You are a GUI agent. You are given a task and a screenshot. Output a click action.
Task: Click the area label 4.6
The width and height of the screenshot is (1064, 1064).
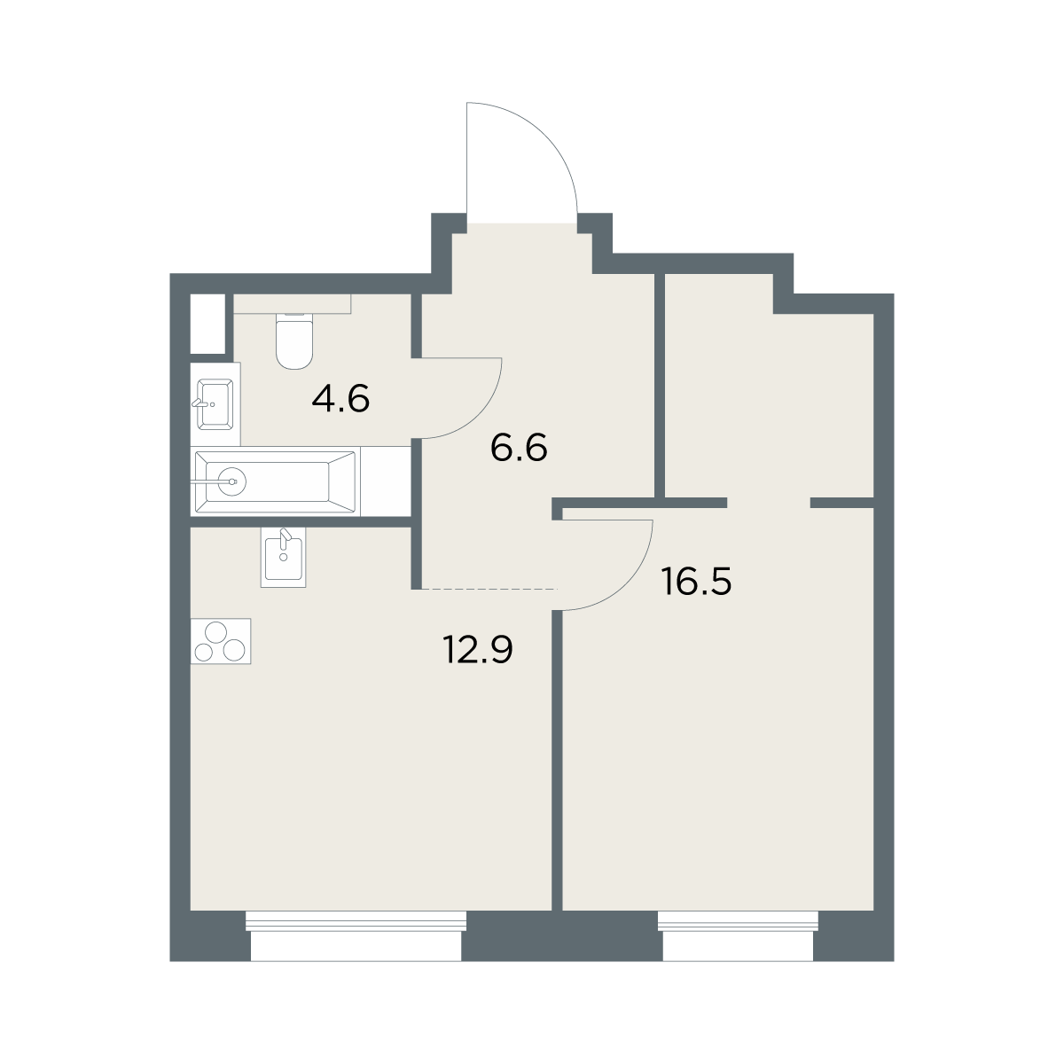pos(340,399)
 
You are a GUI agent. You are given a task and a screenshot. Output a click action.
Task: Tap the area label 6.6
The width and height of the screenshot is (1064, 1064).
pos(519,447)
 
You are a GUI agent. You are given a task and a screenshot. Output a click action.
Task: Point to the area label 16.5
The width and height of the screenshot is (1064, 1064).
pos(696,582)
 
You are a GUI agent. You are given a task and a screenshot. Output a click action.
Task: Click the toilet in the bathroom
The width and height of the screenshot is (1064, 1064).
pos(294,340)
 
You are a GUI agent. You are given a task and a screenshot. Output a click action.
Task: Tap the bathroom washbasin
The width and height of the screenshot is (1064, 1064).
pos(215,404)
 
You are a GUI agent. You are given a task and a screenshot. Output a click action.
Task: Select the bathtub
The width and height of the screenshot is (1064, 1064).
pos(275,482)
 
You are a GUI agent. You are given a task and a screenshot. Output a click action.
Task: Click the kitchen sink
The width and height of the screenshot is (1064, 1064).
pos(283,557)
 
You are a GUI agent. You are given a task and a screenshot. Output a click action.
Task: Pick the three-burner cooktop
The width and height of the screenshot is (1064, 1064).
pos(221,641)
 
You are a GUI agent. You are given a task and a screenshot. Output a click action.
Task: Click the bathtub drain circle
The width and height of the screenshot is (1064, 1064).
pos(232,482)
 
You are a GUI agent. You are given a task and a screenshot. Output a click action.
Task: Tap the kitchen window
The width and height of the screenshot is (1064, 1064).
pos(356,935)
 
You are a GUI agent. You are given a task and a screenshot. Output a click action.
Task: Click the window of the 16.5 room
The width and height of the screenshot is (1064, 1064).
pos(739,935)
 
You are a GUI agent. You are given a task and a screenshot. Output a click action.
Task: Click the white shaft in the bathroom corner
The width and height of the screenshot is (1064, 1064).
pos(208,325)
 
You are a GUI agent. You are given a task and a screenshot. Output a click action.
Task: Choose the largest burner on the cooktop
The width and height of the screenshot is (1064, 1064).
pos(215,632)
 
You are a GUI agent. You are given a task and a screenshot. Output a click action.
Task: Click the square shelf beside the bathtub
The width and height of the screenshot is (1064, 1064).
pos(386,481)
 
